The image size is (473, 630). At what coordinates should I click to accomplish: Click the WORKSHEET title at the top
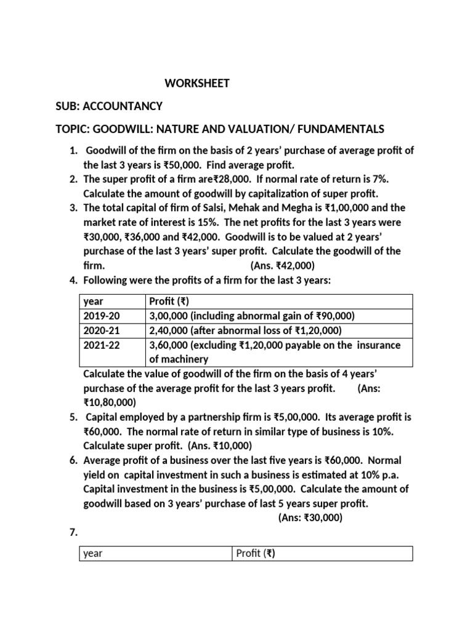pyautogui.click(x=196, y=83)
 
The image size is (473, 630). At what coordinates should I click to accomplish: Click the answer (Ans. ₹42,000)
pyautogui.click(x=282, y=265)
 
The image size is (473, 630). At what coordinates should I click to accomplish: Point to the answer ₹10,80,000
pyautogui.click(x=109, y=402)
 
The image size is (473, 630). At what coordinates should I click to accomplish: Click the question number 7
pyautogui.click(x=71, y=532)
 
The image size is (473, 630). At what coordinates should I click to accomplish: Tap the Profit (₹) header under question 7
pyautogui.click(x=255, y=553)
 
